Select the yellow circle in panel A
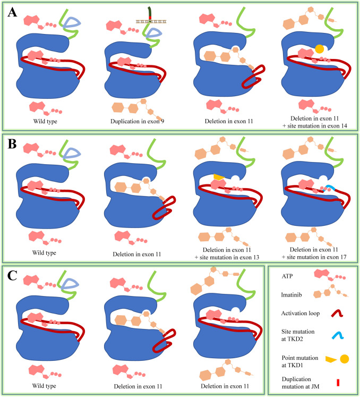click(x=320, y=49)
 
